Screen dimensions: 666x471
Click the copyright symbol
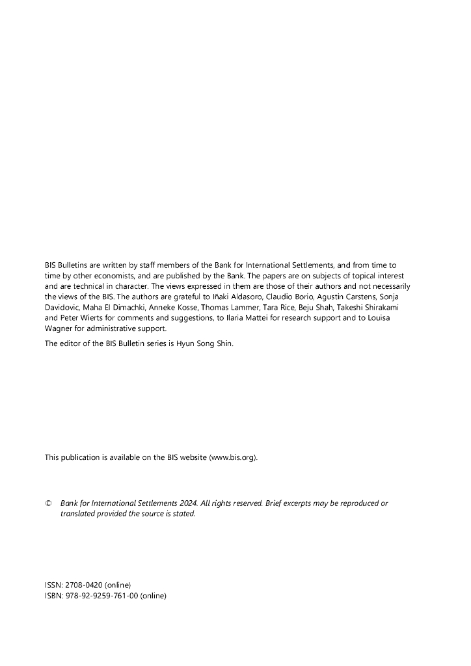(x=48, y=503)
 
